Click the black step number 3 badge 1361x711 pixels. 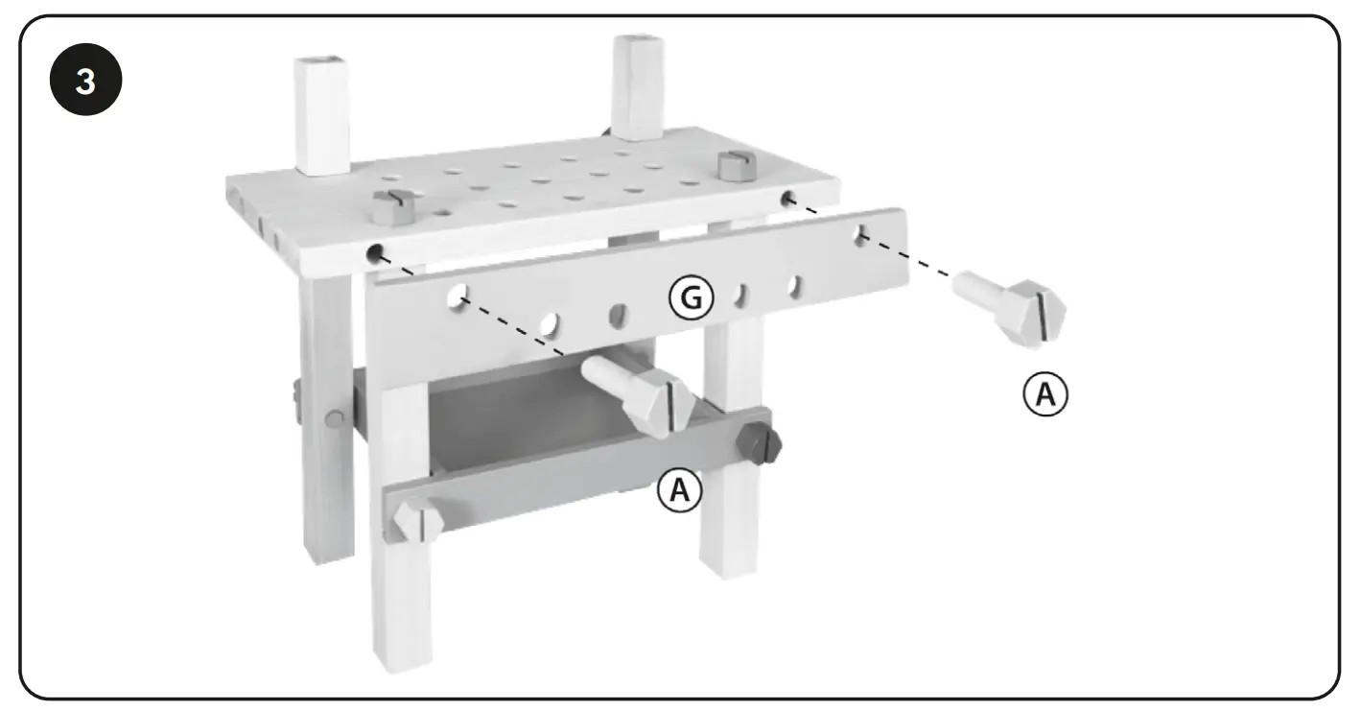85,83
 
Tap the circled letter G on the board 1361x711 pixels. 692,299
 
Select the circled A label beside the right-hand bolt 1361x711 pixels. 1044,393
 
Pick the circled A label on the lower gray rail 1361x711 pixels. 679,490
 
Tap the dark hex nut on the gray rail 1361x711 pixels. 759,443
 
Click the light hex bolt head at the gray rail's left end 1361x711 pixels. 415,523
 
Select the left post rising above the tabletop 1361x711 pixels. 321,115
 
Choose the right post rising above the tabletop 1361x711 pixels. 637,86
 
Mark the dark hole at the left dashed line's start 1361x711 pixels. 375,254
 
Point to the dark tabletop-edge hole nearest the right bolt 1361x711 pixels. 789,199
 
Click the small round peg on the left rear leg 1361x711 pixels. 332,418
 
